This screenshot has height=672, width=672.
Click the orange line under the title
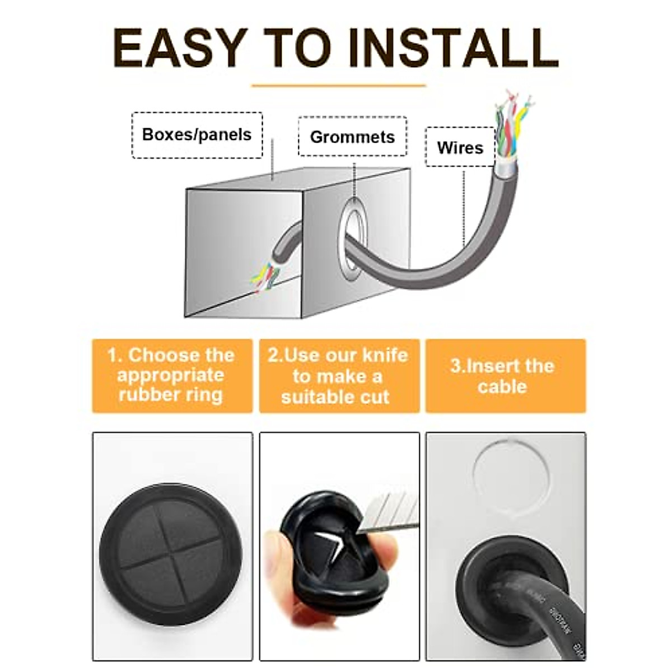coord(338,86)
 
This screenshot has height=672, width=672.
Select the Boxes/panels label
coord(197,135)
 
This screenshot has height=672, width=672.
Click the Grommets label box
coord(352,137)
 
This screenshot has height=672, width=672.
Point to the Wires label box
coord(460,147)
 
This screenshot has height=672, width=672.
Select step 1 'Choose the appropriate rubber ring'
coord(172,375)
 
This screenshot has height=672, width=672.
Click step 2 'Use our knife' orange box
coord(338,375)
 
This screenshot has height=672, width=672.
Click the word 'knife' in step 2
coord(385,355)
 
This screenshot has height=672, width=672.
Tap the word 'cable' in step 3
coord(502,386)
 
